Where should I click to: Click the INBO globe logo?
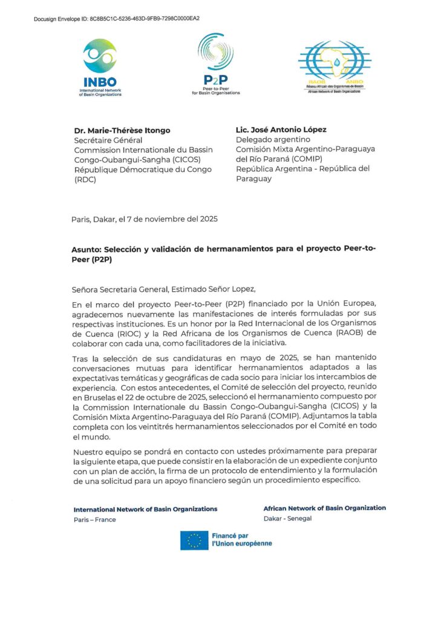pos(100,56)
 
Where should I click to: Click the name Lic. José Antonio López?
pos(281,130)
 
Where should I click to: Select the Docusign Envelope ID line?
pos(117,19)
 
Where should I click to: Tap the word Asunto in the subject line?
pos(87,249)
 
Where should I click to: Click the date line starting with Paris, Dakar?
pos(144,219)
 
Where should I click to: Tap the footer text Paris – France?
pos(94,519)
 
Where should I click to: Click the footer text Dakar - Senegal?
pos(287,519)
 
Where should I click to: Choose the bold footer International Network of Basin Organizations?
pos(145,509)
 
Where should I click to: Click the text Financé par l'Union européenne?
pos(241,539)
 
